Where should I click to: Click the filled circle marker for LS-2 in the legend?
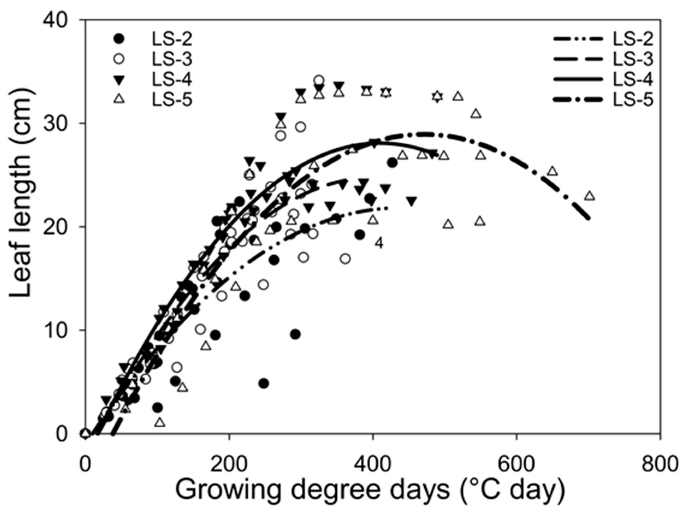pos(119,39)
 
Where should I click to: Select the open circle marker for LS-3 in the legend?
pos(119,59)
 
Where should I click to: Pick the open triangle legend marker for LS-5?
pos(119,99)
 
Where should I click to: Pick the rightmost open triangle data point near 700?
pos(590,196)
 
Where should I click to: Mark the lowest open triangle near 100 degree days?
pos(160,422)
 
